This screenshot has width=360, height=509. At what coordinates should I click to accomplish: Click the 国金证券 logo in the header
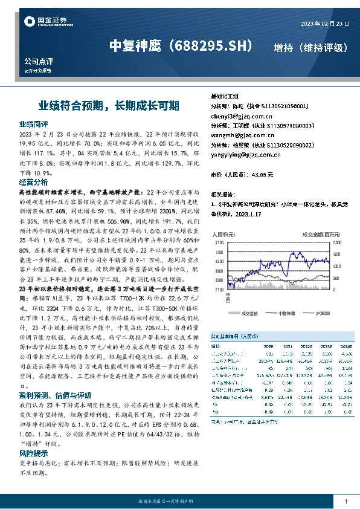coord(44,22)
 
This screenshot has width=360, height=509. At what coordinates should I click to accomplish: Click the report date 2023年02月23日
coord(324,23)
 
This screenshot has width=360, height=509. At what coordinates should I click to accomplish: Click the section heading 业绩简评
coord(33,123)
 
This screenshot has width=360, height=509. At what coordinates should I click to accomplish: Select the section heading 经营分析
coord(33,181)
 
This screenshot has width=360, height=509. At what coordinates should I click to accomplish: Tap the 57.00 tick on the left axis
coord(219,242)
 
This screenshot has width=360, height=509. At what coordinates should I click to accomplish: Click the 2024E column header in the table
coord(346,346)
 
